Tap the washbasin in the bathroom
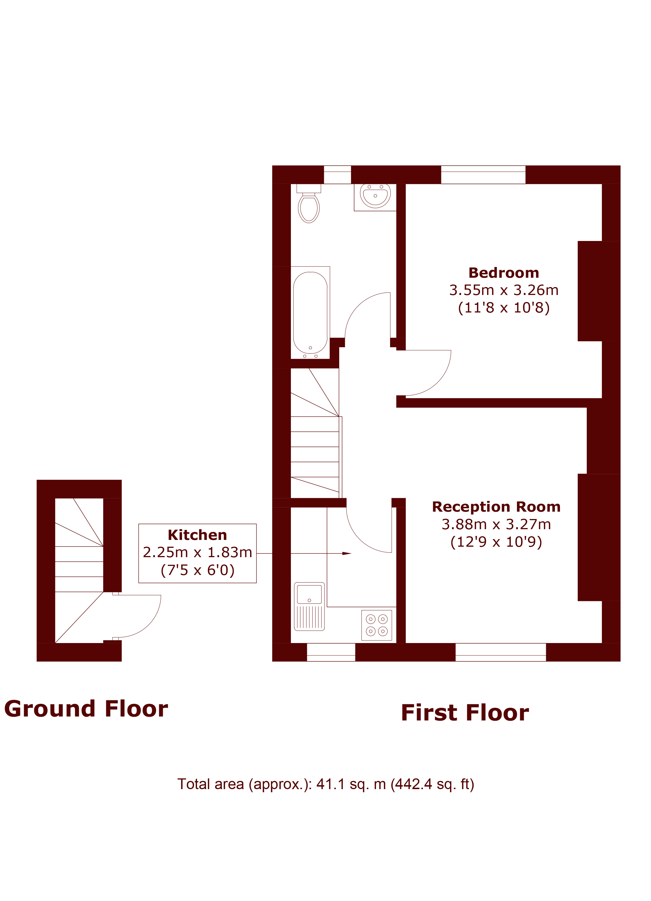(375, 196)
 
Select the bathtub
(310, 313)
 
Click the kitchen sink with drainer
(309, 607)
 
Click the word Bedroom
(503, 273)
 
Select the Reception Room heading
(496, 507)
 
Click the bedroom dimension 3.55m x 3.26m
(503, 290)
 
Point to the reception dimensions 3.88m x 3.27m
(496, 524)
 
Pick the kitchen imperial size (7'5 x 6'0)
(198, 570)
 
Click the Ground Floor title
(86, 709)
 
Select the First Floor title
(465, 713)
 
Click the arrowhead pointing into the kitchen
(347, 553)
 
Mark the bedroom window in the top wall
(483, 175)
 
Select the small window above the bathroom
(338, 175)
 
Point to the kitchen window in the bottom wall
(331, 652)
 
